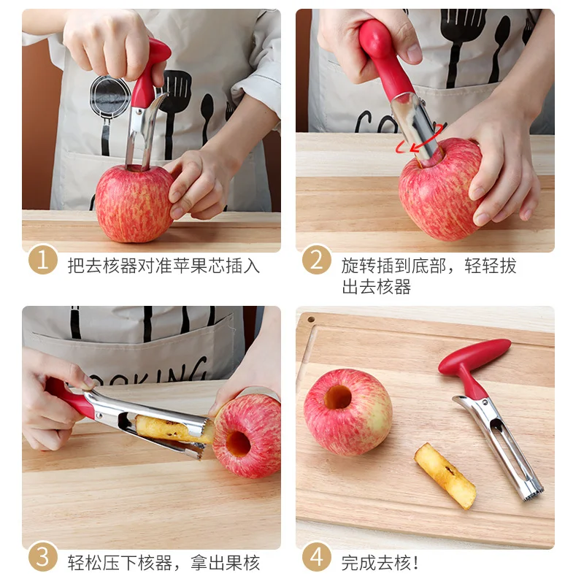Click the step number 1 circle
coord(43,260)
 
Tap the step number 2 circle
coord(317,260)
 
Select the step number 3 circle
coord(43,557)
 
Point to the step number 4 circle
coord(317,557)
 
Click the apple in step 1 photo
coord(134,204)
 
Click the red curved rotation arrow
coord(419,139)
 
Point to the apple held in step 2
coord(439,190)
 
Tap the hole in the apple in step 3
coord(238,444)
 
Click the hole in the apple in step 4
coord(337,397)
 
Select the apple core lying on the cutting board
coord(445,476)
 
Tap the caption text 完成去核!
coord(380,563)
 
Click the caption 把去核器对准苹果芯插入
coord(164,266)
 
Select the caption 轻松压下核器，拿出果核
coord(164,563)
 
